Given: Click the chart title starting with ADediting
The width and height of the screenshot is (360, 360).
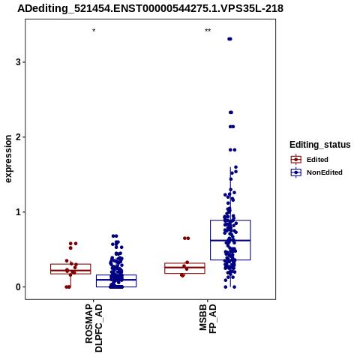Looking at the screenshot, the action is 150,8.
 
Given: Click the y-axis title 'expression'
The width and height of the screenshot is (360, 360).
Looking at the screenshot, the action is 8,159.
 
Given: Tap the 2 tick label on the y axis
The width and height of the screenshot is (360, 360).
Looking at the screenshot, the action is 18,137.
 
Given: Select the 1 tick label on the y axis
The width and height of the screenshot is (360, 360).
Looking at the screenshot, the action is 18,212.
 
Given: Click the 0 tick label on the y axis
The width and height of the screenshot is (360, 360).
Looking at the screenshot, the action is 18,287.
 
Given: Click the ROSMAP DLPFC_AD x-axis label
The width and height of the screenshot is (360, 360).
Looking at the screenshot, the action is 94,328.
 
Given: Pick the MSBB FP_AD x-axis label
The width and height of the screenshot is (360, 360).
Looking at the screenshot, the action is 208,319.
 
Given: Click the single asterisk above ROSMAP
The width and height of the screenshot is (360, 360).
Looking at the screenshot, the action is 94,31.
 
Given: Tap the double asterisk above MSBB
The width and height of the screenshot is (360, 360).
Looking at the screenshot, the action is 208,31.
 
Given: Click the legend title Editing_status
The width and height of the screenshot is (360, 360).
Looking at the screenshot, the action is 320,145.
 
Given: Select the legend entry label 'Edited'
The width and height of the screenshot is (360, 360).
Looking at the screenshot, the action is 317,160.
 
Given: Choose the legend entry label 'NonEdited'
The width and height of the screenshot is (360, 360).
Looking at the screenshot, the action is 325,172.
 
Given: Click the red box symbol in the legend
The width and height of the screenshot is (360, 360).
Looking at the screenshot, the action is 296,160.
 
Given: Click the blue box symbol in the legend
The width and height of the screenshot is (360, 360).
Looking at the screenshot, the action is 296,172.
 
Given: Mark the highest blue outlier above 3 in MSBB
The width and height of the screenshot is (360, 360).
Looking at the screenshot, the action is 229,39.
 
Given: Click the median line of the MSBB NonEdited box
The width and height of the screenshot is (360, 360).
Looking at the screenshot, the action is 230,240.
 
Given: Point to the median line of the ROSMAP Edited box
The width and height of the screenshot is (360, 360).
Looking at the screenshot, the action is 70,270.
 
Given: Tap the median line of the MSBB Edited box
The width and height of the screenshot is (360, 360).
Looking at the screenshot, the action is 184,267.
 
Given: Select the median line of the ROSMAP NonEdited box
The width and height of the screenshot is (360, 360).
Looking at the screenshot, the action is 116,279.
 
